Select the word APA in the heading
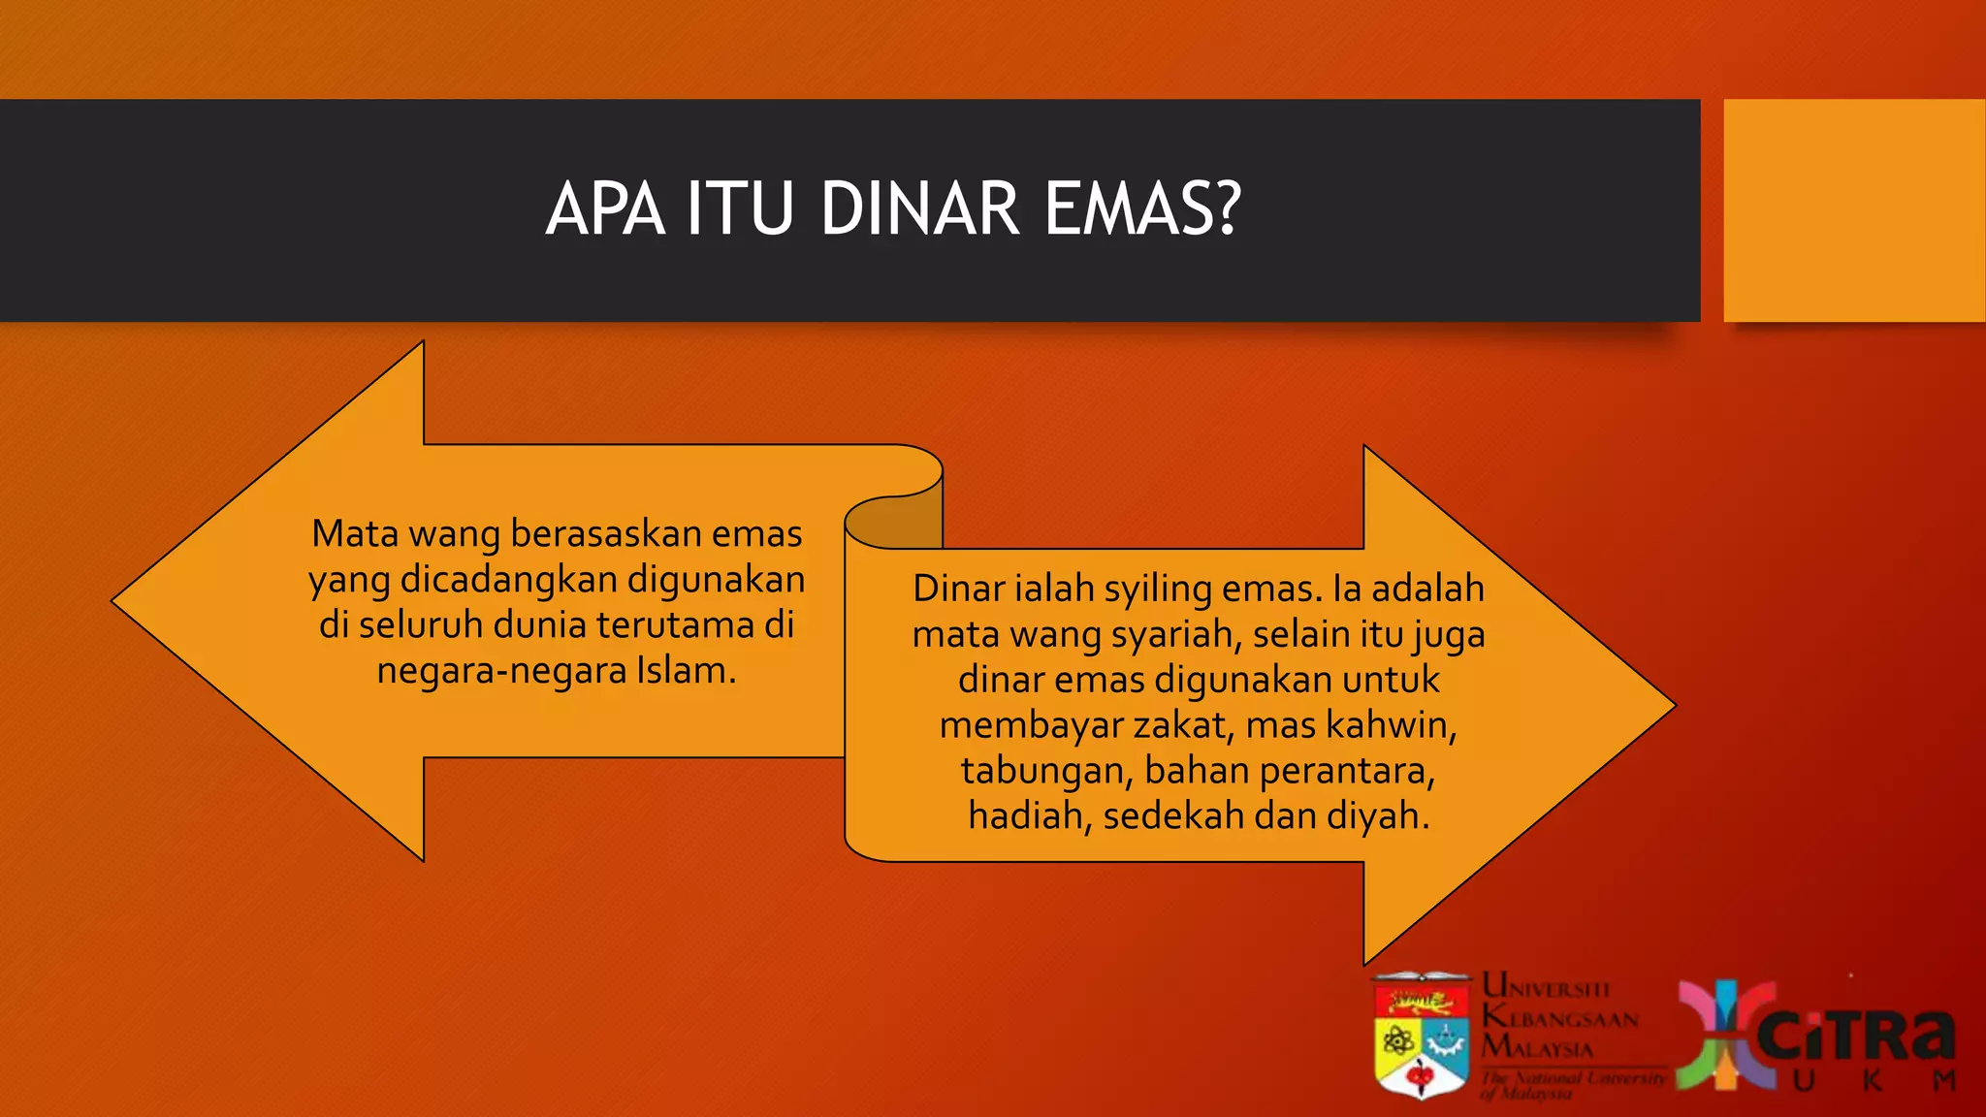coord(605,209)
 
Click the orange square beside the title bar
coord(1853,209)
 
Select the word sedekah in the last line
coord(1173,815)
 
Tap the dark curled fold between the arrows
coord(902,524)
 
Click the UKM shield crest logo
coord(1421,1036)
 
